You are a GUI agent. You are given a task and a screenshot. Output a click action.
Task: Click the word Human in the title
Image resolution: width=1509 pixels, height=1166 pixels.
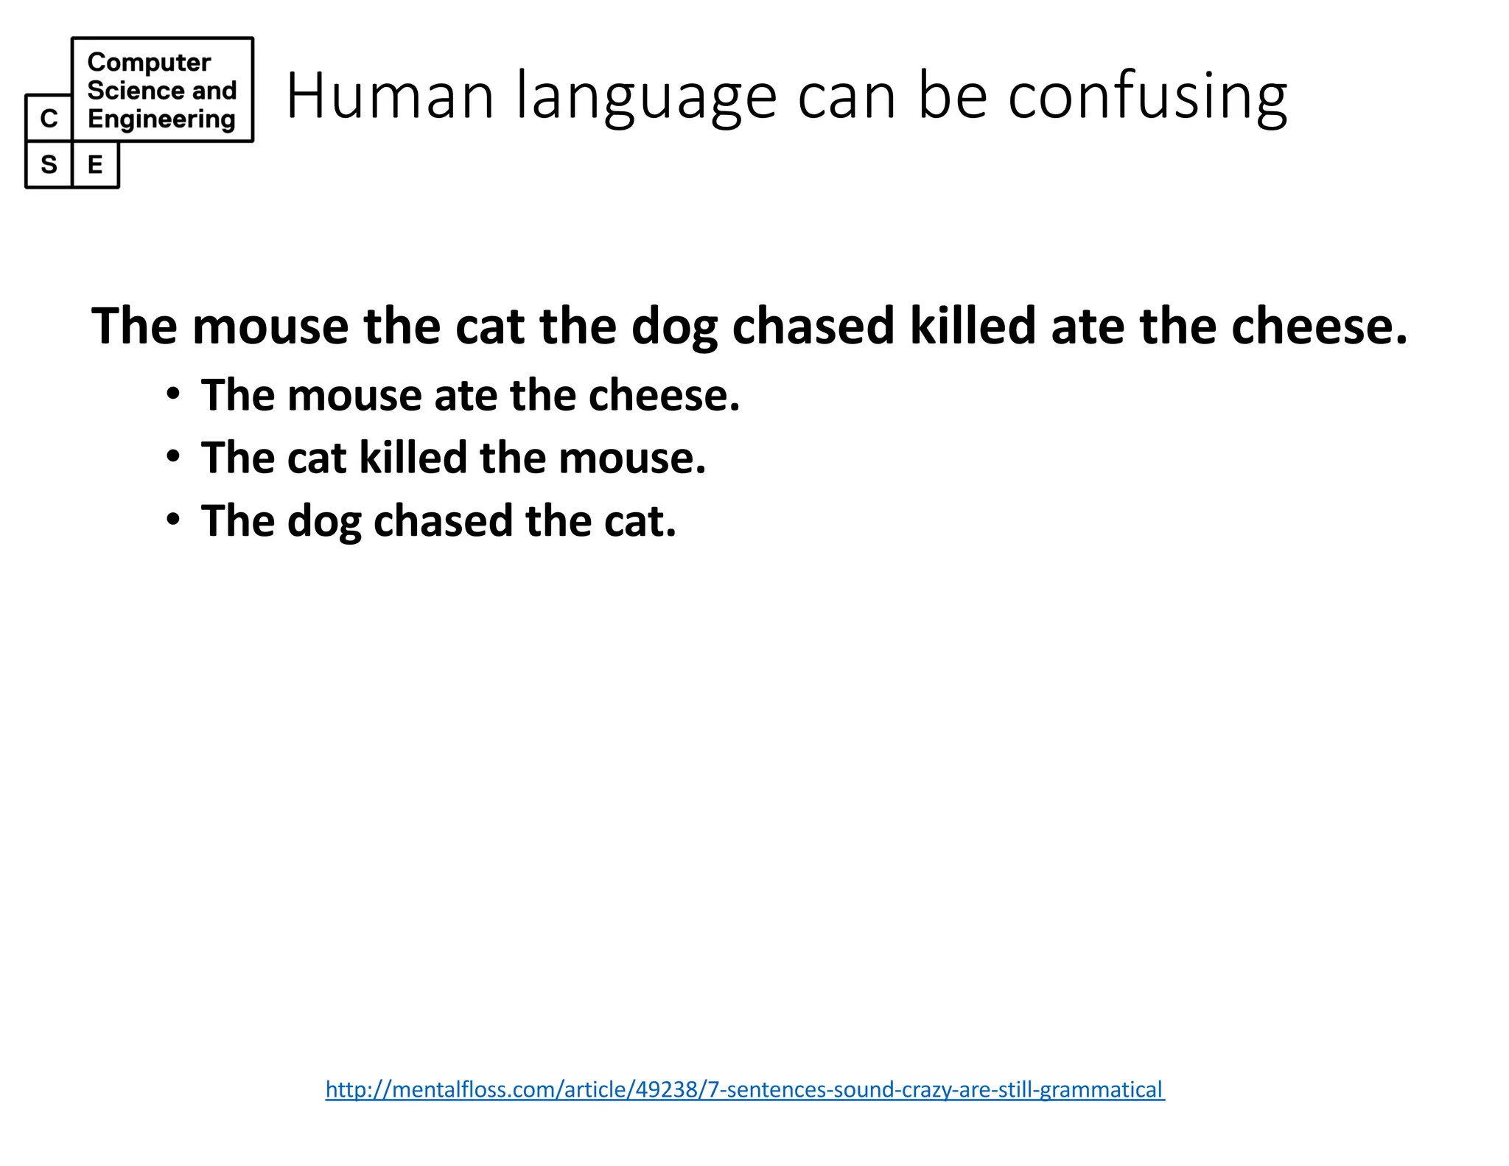389,95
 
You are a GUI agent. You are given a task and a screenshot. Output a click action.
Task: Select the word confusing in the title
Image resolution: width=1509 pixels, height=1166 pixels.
1147,97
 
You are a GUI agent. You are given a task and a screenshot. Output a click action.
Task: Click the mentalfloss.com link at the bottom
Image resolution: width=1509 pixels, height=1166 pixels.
745,1089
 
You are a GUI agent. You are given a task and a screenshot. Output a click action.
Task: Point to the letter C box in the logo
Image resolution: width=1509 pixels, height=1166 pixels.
49,118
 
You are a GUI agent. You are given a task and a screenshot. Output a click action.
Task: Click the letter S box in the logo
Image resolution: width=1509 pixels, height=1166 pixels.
49,164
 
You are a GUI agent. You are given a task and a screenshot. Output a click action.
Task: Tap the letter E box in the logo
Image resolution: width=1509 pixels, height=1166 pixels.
95,164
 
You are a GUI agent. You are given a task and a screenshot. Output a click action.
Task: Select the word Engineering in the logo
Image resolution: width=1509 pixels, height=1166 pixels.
161,119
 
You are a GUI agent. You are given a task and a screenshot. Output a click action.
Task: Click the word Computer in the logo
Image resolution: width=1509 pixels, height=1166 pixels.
149,63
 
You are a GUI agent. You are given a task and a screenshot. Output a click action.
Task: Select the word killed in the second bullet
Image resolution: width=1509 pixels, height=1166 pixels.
413,458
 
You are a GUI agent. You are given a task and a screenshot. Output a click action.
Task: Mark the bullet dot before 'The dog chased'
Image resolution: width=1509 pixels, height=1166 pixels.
173,520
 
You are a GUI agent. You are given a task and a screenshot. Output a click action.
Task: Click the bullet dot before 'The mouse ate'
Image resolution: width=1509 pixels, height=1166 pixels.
173,394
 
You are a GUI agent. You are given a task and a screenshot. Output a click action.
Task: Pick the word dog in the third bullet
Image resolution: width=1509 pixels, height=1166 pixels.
324,522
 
